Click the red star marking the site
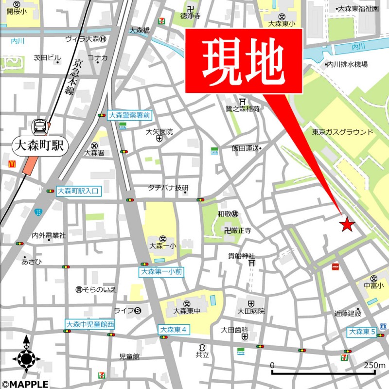tap(347, 224)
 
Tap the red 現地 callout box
tap(244, 60)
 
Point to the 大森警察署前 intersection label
tap(129, 115)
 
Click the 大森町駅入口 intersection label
tap(78, 191)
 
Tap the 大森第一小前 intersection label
tap(161, 272)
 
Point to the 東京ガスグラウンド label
tap(343, 132)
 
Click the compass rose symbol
tap(26, 359)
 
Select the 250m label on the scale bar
tap(374, 366)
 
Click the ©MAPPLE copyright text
tap(24, 384)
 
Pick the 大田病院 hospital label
tap(251, 311)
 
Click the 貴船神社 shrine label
tap(242, 256)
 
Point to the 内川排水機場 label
tap(347, 64)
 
